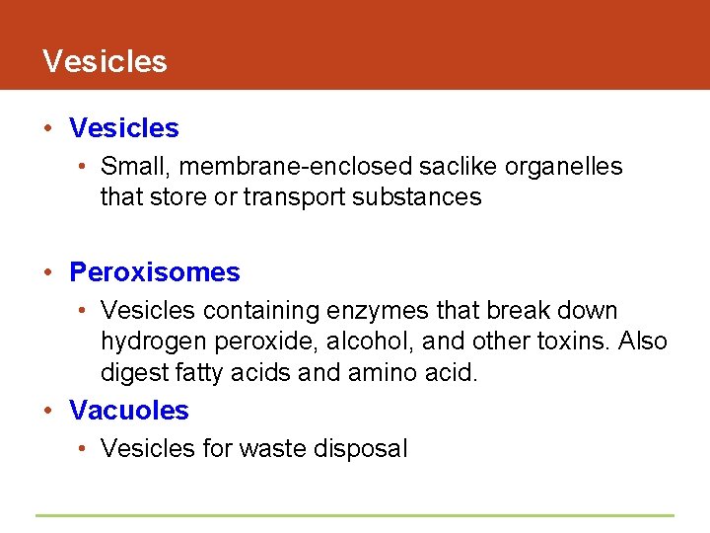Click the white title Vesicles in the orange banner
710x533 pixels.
point(105,61)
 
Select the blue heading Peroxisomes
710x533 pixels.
point(155,272)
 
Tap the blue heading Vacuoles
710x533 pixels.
point(129,410)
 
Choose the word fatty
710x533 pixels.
point(199,373)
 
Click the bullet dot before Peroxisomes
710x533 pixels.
point(49,272)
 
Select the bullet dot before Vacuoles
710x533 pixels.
point(49,410)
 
